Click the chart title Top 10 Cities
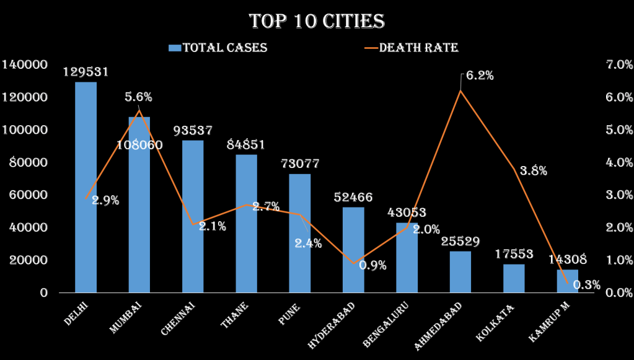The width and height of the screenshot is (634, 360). point(317,21)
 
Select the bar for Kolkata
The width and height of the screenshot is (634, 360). point(514,278)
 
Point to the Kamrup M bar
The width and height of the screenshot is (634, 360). point(567,281)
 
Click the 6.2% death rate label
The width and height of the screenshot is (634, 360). point(480,76)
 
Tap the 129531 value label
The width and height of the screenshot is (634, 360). point(86,72)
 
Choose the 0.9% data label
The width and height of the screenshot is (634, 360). point(372,266)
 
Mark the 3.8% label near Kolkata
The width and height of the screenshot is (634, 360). point(533,171)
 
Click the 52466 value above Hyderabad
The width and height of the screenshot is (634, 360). point(353,198)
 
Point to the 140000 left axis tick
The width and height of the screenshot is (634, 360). point(25,65)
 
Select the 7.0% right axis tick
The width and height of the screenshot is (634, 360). point(618,65)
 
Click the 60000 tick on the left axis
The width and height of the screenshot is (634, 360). point(29,195)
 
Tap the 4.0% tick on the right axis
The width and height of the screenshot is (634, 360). point(618,162)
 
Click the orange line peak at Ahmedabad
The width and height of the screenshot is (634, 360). point(460,90)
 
